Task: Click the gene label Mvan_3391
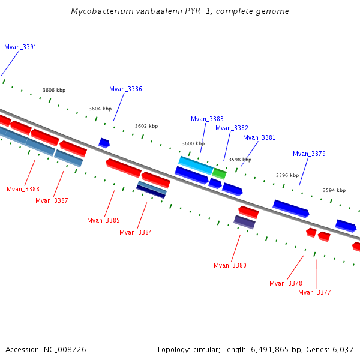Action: tap(20, 47)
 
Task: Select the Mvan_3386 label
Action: tap(125, 89)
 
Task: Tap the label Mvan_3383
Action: tap(207, 119)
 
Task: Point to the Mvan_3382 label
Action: tap(232, 128)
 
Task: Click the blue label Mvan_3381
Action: tap(259, 137)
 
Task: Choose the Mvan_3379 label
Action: tap(309, 154)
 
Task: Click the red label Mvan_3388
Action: tap(23, 189)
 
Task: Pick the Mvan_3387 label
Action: tap(52, 200)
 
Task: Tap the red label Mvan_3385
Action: tap(103, 220)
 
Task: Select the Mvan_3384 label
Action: tap(136, 232)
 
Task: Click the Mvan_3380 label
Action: tap(230, 265)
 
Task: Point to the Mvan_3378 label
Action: tap(286, 283)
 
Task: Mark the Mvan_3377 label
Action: tap(314, 292)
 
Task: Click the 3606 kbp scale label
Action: tap(54, 90)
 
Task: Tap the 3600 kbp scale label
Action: tap(193, 143)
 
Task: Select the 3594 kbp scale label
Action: tap(334, 190)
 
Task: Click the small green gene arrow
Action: tap(219, 173)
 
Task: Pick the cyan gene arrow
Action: tap(196, 165)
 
